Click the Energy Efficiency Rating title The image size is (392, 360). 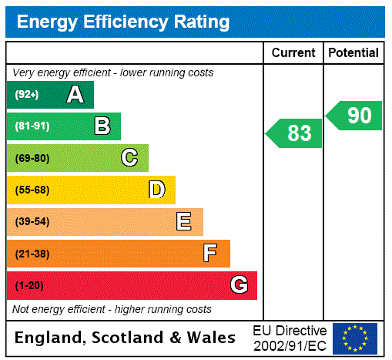coord(122,22)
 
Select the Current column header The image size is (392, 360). coord(293,52)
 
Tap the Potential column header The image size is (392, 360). coord(353,52)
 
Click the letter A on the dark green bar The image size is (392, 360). coord(75,95)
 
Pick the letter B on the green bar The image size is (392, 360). coord(102,126)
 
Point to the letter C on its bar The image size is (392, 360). coord(129,158)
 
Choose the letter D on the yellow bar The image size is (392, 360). coord(156,190)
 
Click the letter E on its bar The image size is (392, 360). coord(183,222)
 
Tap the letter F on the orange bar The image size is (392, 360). coord(209,254)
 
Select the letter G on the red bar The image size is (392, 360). coord(239,285)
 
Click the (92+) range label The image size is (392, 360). coord(26,95)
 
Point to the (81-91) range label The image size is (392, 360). coord(32,126)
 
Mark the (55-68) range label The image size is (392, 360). coord(32,190)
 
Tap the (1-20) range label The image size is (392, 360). coord(28,286)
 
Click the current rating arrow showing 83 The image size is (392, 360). coord(295,133)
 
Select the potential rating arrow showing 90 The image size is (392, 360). coord(355,116)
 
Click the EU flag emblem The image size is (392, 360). coord(355,338)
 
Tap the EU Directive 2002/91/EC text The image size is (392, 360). coord(290,337)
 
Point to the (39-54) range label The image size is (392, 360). coord(32,222)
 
